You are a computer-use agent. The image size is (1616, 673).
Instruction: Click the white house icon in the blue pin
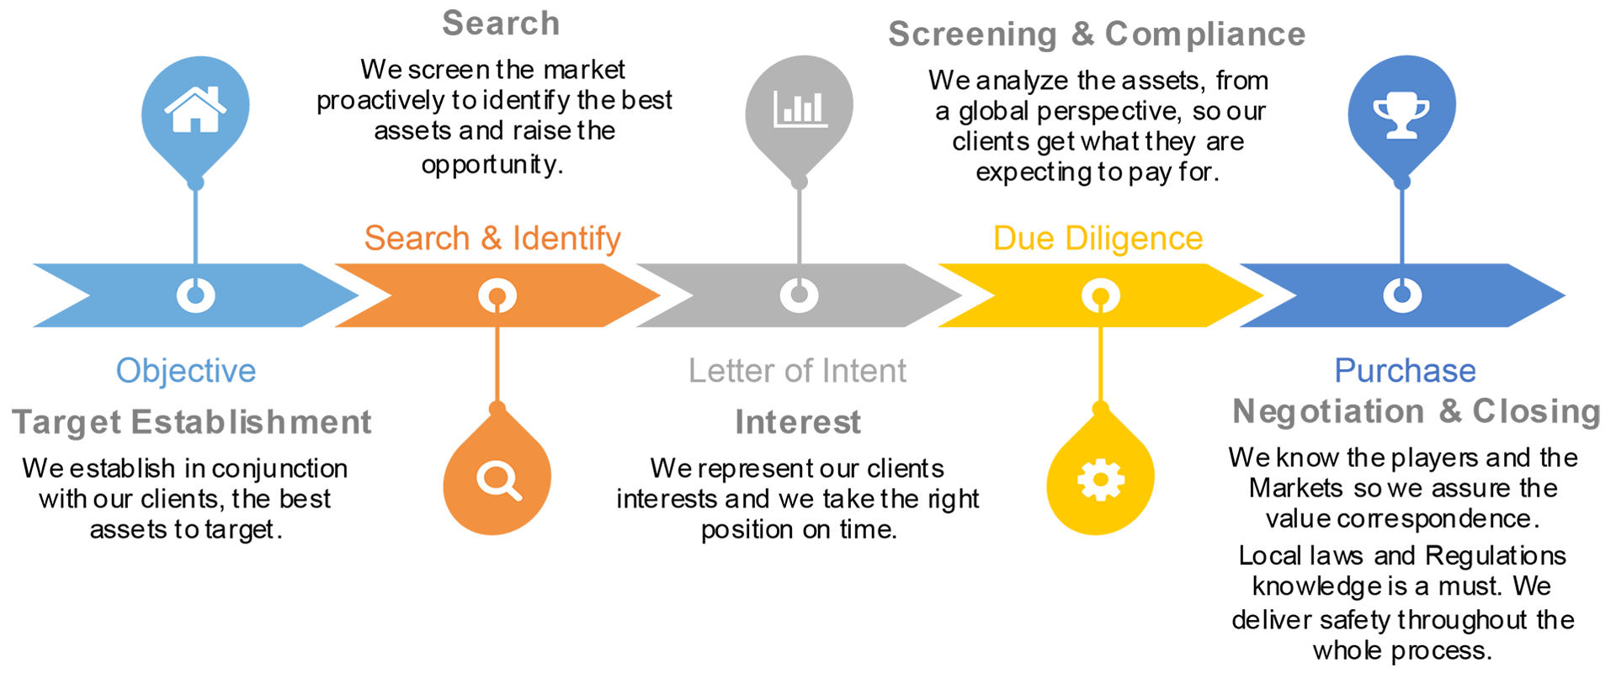[195, 109]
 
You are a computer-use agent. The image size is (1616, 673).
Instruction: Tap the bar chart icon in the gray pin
[800, 109]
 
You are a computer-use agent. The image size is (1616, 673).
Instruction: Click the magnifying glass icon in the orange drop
[498, 480]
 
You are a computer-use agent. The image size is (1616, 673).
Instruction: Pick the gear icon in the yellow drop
[1100, 480]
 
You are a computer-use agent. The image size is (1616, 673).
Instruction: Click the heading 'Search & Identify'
[492, 239]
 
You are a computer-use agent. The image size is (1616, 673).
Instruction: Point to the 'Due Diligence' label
[1098, 239]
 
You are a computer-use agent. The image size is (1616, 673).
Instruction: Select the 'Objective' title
[186, 371]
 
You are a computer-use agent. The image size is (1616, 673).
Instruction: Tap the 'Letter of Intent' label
[797, 371]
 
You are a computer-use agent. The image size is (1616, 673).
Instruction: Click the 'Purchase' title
[1405, 371]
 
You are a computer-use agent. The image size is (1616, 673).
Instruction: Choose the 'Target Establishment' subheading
[192, 422]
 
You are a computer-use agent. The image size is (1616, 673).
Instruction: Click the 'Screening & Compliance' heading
[1097, 34]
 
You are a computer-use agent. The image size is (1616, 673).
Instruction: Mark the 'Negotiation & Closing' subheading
[1417, 412]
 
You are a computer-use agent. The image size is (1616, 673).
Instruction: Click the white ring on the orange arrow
[497, 295]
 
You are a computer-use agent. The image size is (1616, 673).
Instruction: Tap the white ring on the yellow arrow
[1100, 295]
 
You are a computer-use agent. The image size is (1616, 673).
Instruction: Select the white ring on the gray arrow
[799, 295]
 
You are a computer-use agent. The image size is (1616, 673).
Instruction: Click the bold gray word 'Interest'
[798, 422]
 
